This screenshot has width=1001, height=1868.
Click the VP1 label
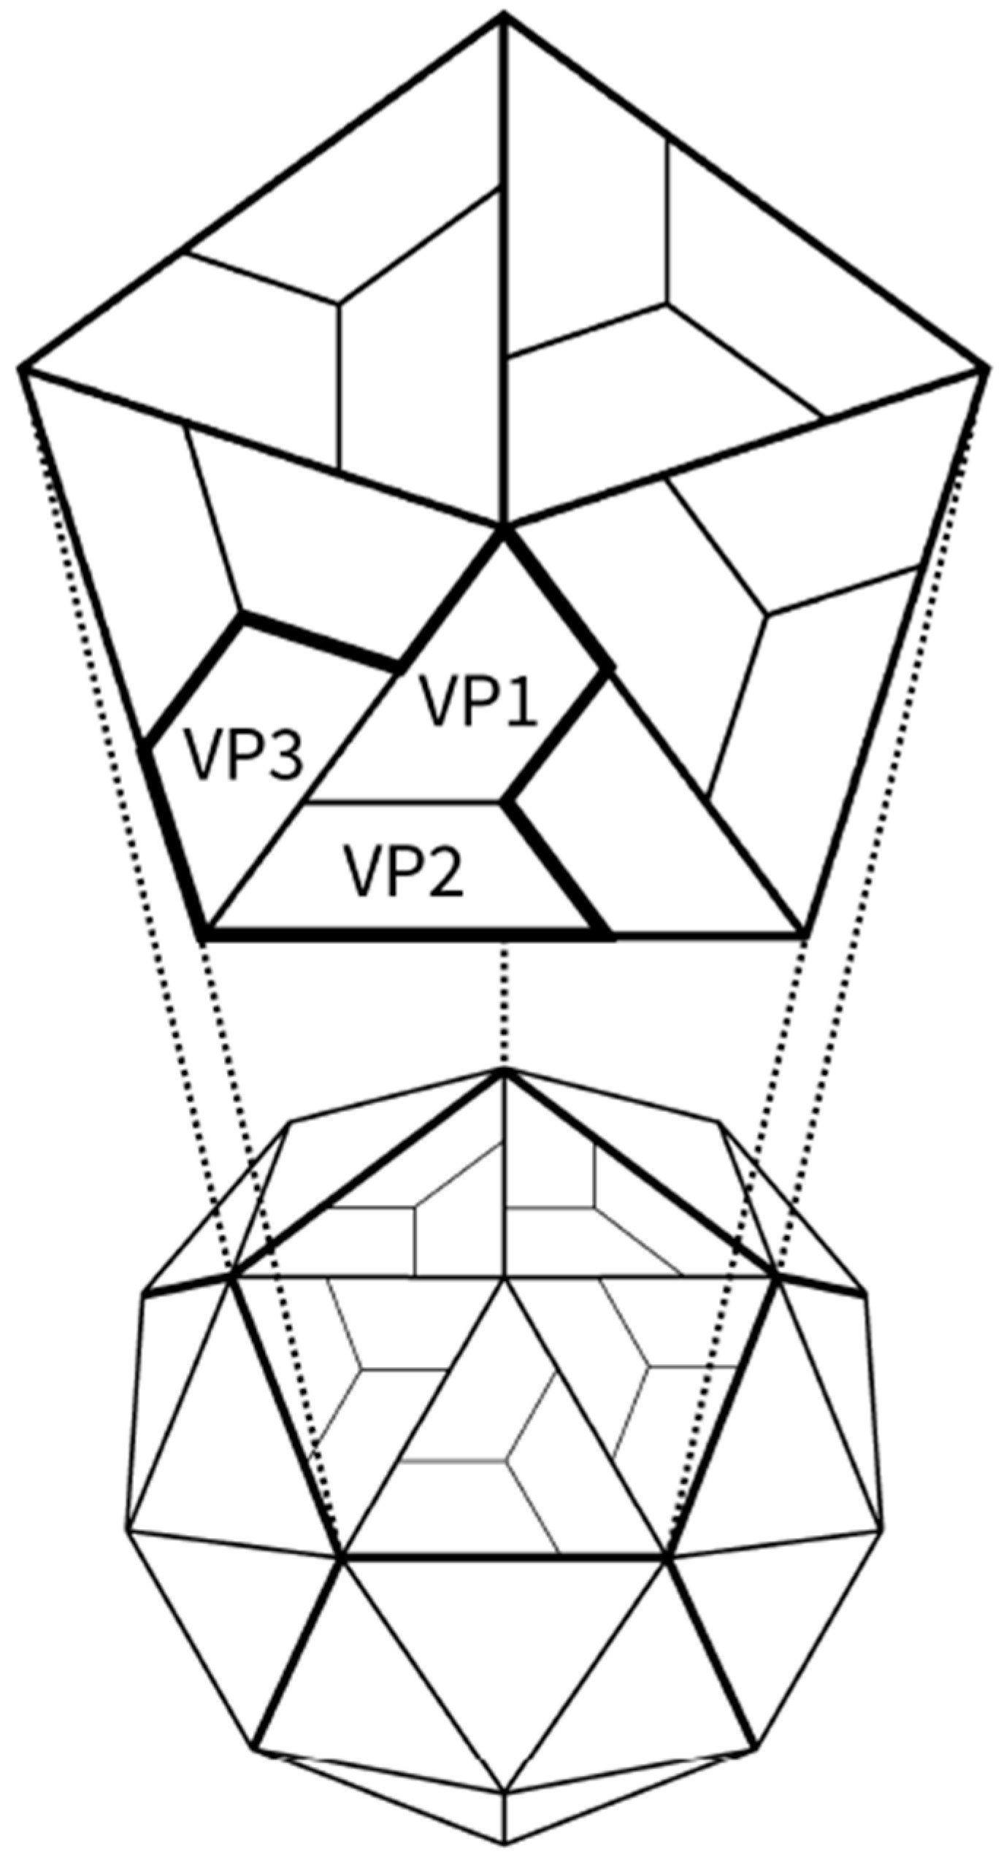[478, 702]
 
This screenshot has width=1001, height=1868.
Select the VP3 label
[242, 755]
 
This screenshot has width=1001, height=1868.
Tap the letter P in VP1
[478, 702]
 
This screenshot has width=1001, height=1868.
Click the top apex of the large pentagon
[503, 15]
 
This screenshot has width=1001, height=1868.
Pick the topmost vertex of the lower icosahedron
[503, 1070]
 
